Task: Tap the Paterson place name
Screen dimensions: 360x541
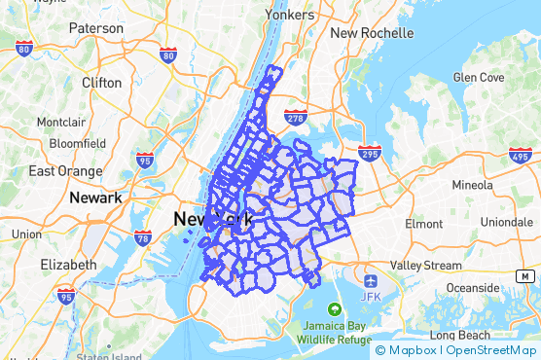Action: pos(96,28)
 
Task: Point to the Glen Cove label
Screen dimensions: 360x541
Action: pos(478,77)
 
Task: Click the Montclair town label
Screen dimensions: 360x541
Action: pos(62,123)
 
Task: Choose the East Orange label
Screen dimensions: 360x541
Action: pos(65,171)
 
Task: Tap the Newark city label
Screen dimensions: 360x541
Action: pos(95,198)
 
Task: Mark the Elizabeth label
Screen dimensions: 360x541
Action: pos(68,264)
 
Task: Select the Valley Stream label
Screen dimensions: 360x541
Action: pos(426,265)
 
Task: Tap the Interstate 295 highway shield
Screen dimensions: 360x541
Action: pos(369,153)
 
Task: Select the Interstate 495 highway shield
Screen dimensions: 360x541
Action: pos(518,155)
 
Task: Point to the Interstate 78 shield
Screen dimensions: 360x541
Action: pos(143,236)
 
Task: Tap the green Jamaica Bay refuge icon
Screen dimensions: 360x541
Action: pos(335,309)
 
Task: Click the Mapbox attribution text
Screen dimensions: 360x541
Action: pos(412,350)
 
